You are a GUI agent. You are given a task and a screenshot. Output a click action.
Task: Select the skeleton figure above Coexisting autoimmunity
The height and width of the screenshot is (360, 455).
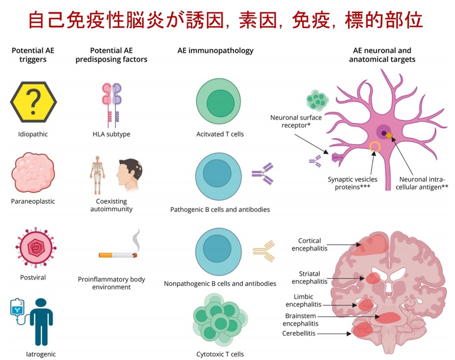click(x=97, y=172)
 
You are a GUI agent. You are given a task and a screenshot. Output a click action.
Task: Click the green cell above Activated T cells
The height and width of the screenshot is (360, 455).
click(x=219, y=102)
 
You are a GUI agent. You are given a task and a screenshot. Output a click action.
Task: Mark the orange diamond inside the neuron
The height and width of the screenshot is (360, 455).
click(x=389, y=134)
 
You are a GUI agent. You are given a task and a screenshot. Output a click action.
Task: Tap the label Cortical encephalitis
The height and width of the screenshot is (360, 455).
click(x=309, y=245)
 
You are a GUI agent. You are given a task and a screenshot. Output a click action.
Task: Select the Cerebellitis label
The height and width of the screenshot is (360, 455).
click(x=299, y=333)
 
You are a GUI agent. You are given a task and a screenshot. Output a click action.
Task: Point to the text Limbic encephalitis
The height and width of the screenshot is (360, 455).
click(x=303, y=300)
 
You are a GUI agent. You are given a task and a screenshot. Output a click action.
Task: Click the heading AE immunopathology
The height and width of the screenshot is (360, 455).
click(x=215, y=50)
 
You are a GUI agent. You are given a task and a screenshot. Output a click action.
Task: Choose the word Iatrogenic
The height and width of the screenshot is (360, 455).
click(x=41, y=354)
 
